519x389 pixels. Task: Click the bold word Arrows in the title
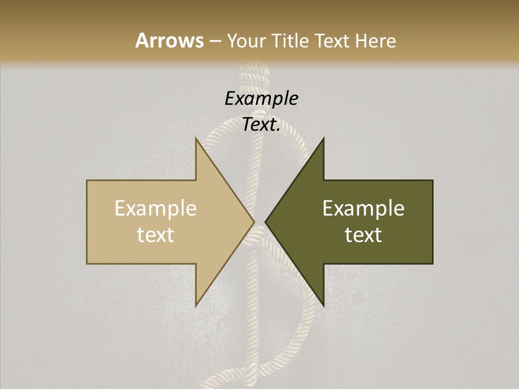pos(169,41)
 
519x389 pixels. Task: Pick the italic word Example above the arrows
pos(261,98)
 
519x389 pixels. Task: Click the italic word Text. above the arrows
pos(261,125)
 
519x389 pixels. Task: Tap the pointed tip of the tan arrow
pos(254,222)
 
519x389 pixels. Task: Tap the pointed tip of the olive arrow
pos(266,222)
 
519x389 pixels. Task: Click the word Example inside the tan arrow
pos(155,209)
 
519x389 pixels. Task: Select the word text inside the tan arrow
pos(155,235)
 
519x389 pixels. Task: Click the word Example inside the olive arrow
pos(363,209)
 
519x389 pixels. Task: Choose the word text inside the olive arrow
pos(363,235)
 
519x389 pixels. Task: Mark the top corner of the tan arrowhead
pos(196,138)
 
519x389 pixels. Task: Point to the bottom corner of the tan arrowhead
pos(196,306)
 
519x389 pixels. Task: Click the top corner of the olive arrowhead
pos(323,138)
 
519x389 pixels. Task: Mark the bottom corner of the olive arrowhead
pos(323,306)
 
